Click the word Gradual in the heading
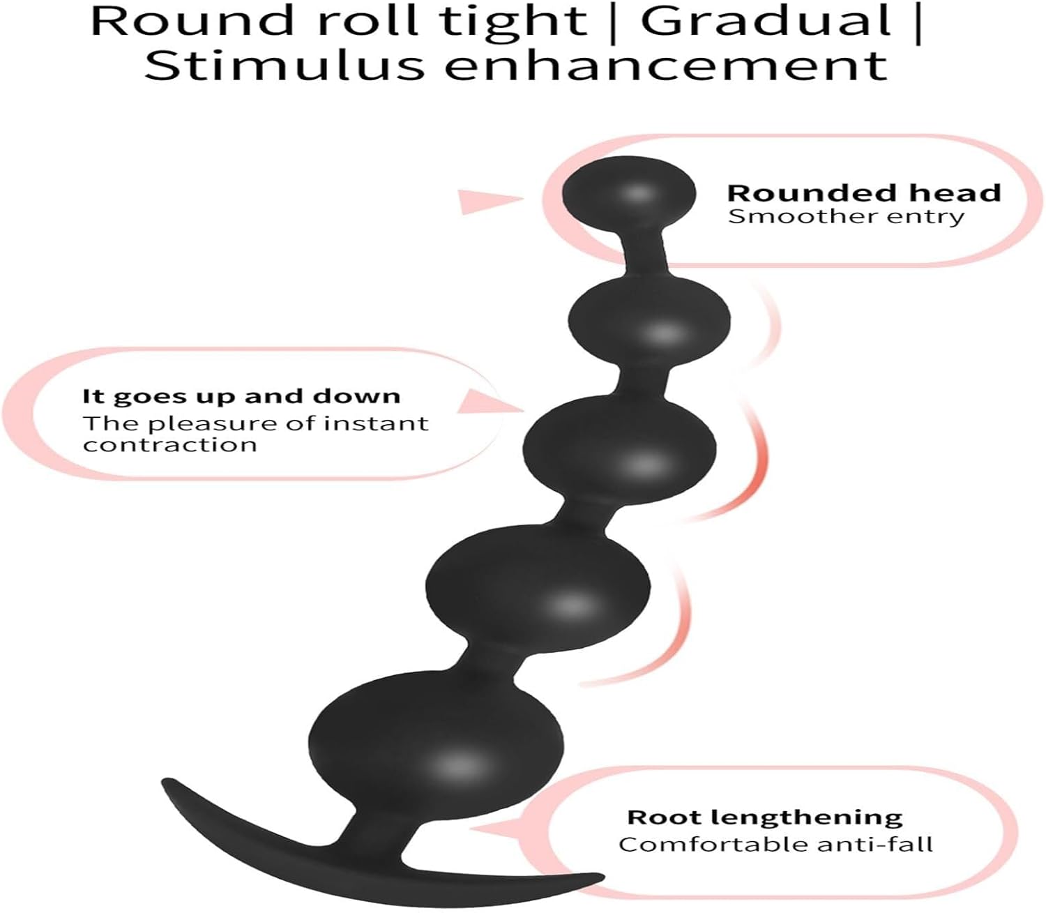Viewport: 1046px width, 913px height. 766,21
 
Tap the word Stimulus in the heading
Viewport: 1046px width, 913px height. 284,66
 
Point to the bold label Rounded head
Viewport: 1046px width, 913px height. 863,193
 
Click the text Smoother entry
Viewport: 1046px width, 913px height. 846,216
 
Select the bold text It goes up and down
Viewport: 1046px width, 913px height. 241,396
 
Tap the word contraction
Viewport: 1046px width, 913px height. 170,445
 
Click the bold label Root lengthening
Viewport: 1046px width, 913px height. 764,817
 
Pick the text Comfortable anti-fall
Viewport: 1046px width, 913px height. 775,845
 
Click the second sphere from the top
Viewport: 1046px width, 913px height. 649,322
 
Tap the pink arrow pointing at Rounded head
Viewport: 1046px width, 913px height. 488,201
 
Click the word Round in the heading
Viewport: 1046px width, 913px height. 193,21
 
